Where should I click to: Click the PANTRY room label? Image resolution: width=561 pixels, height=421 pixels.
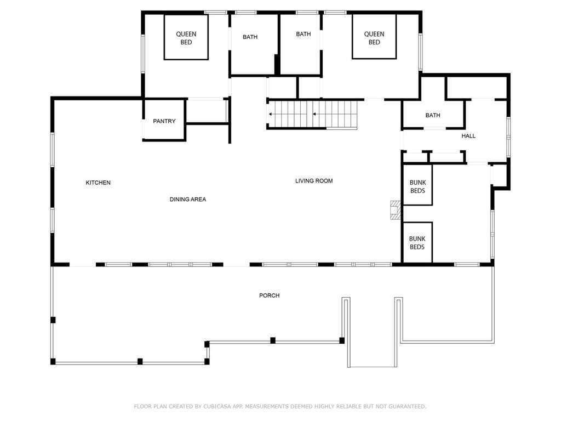pyautogui.click(x=164, y=121)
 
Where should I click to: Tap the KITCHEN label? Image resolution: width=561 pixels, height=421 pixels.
pyautogui.click(x=98, y=183)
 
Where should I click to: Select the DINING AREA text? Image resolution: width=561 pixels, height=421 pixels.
pyautogui.click(x=188, y=200)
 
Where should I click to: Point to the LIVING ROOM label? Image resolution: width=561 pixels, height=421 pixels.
pyautogui.click(x=314, y=181)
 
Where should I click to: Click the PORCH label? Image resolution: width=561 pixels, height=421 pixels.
pyautogui.click(x=270, y=295)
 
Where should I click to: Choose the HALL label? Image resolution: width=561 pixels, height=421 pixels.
pyautogui.click(x=468, y=136)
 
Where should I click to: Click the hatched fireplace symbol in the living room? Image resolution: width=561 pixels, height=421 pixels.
pyautogui.click(x=396, y=210)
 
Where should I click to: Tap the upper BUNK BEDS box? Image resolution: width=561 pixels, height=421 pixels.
pyautogui.click(x=417, y=185)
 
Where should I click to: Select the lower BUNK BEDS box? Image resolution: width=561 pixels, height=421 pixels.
pyautogui.click(x=417, y=242)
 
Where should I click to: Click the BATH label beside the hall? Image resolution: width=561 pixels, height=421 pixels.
pyautogui.click(x=433, y=115)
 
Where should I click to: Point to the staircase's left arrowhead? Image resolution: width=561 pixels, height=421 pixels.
pyautogui.click(x=271, y=114)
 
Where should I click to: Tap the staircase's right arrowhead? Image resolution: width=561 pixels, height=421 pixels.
pyautogui.click(x=314, y=114)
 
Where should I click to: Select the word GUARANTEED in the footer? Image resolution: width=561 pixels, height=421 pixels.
pyautogui.click(x=407, y=406)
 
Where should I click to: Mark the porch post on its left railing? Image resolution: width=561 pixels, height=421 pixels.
pyautogui.click(x=53, y=320)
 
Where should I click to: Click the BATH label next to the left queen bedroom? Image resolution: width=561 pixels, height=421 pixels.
pyautogui.click(x=250, y=37)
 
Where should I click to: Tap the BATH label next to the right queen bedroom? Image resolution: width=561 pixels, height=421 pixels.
pyautogui.click(x=304, y=34)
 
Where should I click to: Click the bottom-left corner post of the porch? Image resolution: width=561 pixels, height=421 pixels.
pyautogui.click(x=53, y=362)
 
